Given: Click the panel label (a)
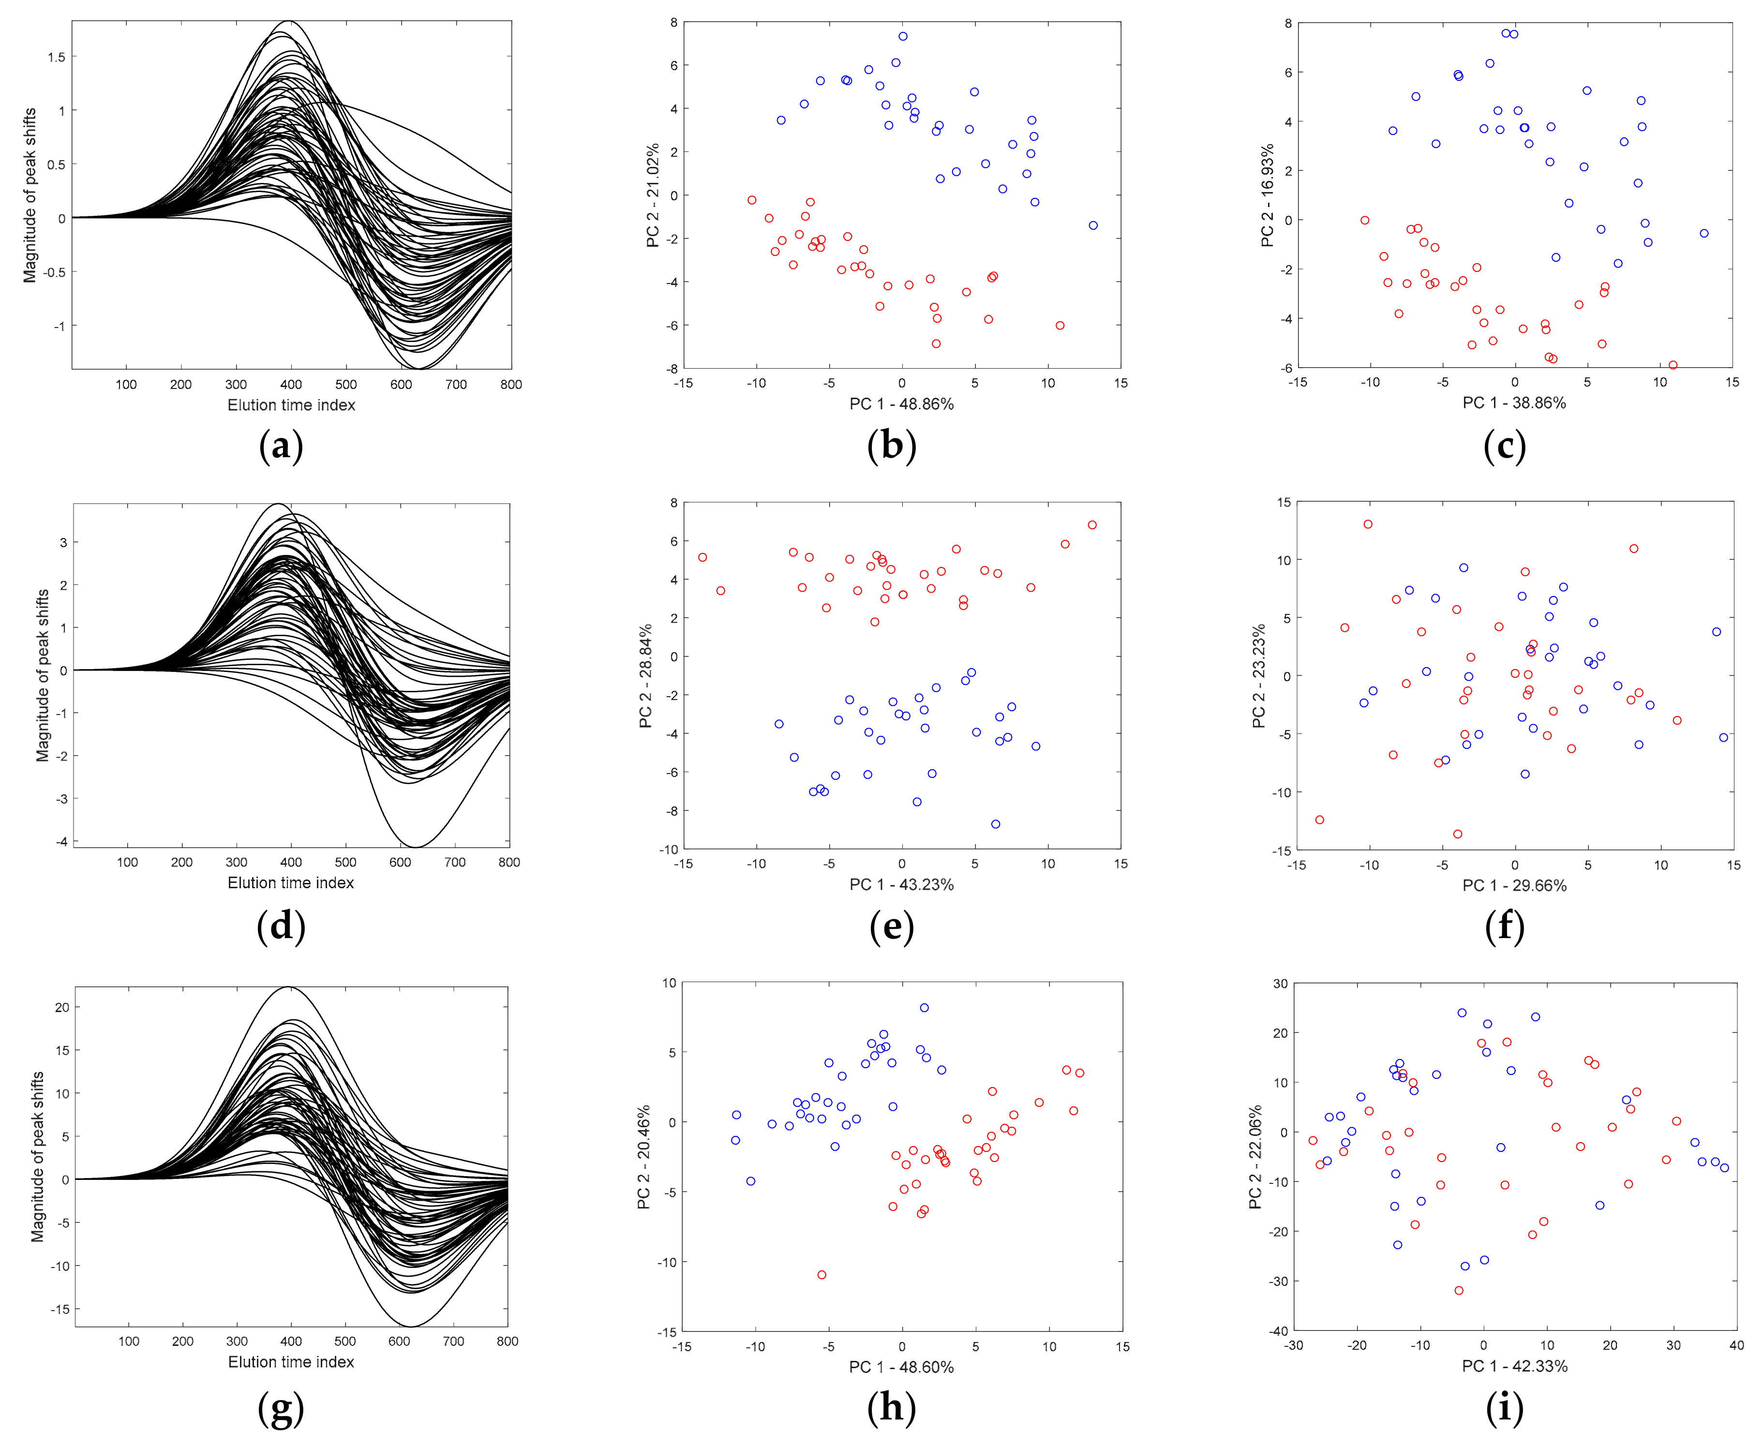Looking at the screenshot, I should pos(281,446).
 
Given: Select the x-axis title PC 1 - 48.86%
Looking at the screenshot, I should pos(901,404).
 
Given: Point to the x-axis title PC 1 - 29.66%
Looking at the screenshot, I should pos(1514,886).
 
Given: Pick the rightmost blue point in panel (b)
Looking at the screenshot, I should pos(1093,225).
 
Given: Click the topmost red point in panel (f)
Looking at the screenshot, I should pos(1368,524).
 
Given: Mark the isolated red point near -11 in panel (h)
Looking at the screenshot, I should pos(822,1274).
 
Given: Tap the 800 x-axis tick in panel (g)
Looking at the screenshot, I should pos(507,1341).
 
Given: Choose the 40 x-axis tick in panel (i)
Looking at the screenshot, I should pos(1736,1344).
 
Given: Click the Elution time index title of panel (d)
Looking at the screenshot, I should pos(291,883).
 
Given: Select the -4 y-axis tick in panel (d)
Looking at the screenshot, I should pos(61,841).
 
